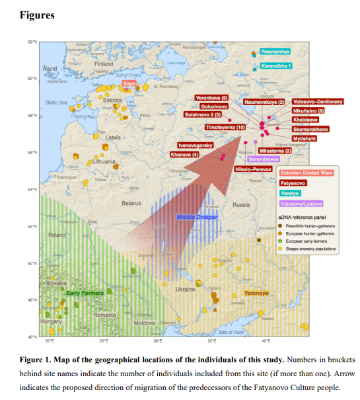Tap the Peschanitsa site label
pyautogui.click(x=274, y=52)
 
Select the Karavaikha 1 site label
pyautogui.click(x=275, y=66)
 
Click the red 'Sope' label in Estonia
pyautogui.click(x=129, y=85)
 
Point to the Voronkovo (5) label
pyautogui.click(x=211, y=98)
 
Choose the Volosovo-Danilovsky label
pyautogui.click(x=318, y=101)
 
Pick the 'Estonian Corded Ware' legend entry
pyautogui.click(x=306, y=173)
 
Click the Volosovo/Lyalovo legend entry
pyautogui.click(x=301, y=204)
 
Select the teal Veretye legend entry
pyautogui.click(x=289, y=193)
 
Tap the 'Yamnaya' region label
pyautogui.click(x=256, y=292)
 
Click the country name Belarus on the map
pyautogui.click(x=131, y=204)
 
